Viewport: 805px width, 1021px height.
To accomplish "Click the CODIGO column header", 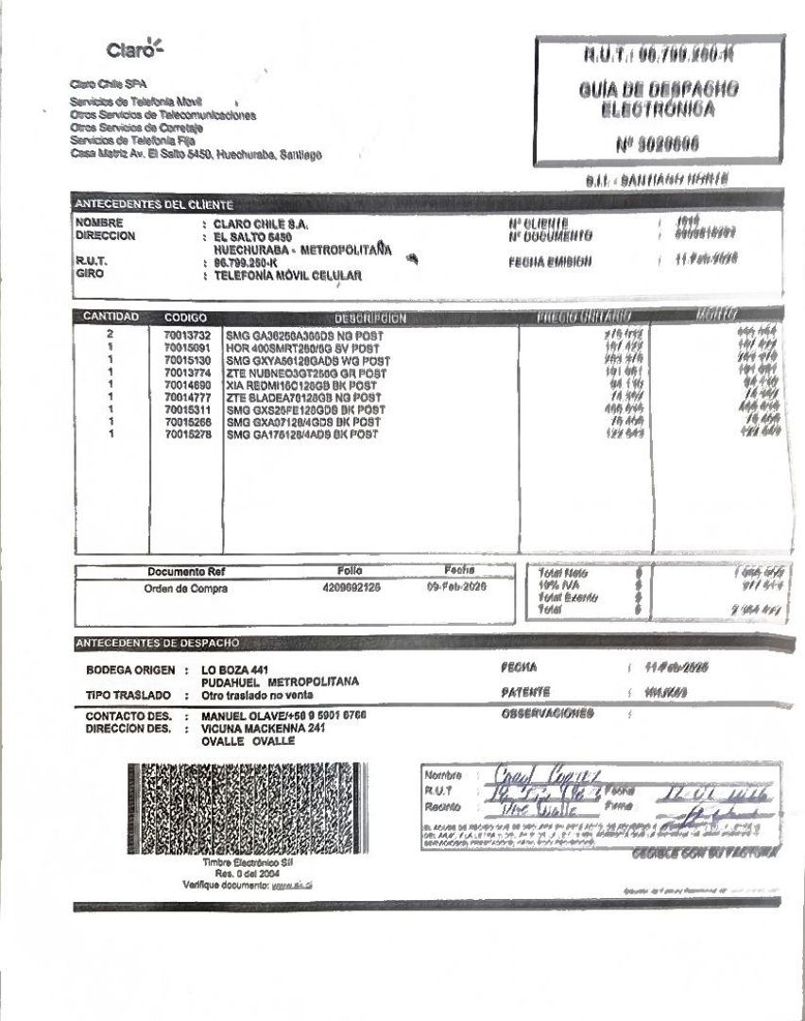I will tap(185, 318).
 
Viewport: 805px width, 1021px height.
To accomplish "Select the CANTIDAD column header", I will tap(111, 317).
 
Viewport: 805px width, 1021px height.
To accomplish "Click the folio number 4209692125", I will tap(351, 588).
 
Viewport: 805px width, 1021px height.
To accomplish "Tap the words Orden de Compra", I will tap(185, 589).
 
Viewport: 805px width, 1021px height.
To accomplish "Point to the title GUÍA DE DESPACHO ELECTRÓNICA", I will tap(659, 98).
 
